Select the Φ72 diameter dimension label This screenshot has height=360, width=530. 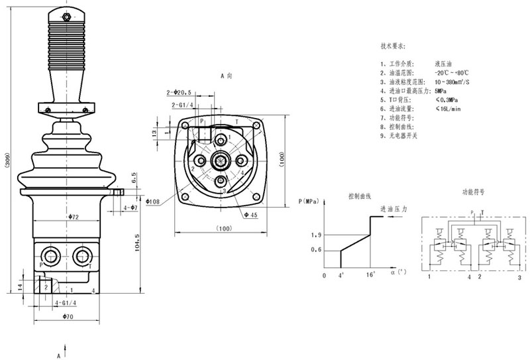74,217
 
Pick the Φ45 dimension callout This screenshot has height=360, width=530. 250,215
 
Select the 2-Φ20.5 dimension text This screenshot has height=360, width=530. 179,92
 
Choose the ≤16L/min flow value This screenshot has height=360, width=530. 449,108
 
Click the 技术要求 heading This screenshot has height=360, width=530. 394,46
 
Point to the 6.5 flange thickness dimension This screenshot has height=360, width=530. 134,178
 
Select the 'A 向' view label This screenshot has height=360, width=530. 227,76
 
